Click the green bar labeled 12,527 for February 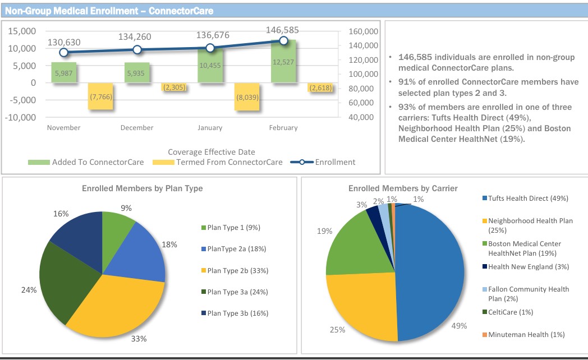pyautogui.click(x=283, y=62)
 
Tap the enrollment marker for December pyautogui.click(x=137, y=49)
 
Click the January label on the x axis pyautogui.click(x=210, y=128)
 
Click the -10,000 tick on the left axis pyautogui.click(x=21, y=118)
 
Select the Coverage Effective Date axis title pyautogui.click(x=211, y=152)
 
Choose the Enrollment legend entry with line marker pyautogui.click(x=323, y=162)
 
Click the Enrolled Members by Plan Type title pyautogui.click(x=143, y=188)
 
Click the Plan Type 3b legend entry pyautogui.click(x=234, y=313)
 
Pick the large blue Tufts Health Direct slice pyautogui.click(x=432, y=269)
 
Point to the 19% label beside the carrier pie pyautogui.click(x=325, y=231)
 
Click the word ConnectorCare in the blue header pyautogui.click(x=181, y=11)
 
